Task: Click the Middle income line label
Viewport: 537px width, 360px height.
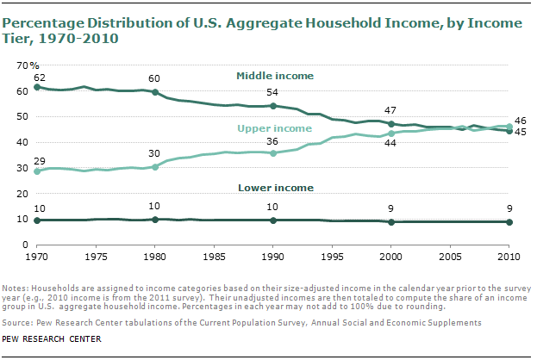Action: click(x=275, y=76)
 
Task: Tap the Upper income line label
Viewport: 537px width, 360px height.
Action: click(x=275, y=128)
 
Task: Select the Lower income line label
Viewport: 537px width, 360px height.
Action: click(x=276, y=188)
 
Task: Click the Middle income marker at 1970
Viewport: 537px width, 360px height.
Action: click(x=37, y=87)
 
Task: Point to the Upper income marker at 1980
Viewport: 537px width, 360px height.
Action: click(x=155, y=167)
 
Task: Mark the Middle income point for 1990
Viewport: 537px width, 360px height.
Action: click(x=273, y=106)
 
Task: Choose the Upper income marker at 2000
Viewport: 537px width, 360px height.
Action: click(x=391, y=133)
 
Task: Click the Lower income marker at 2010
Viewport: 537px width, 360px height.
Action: click(x=509, y=222)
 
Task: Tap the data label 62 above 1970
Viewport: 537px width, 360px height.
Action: click(x=40, y=78)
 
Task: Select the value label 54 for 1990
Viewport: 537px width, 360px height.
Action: click(x=272, y=92)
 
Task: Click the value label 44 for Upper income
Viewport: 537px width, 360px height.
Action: click(x=390, y=143)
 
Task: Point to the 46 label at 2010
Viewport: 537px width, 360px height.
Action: click(x=521, y=121)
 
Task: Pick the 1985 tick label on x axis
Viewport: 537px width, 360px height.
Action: click(x=214, y=257)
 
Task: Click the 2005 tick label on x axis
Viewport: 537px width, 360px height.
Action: click(x=450, y=257)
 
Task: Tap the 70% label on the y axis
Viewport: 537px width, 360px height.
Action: click(x=28, y=65)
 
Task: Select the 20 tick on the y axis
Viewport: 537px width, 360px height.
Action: click(x=22, y=194)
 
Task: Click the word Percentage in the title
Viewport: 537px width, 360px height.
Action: click(x=43, y=23)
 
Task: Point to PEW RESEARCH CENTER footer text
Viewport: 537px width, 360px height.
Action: click(x=52, y=339)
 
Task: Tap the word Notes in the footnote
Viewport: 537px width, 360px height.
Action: click(x=16, y=289)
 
